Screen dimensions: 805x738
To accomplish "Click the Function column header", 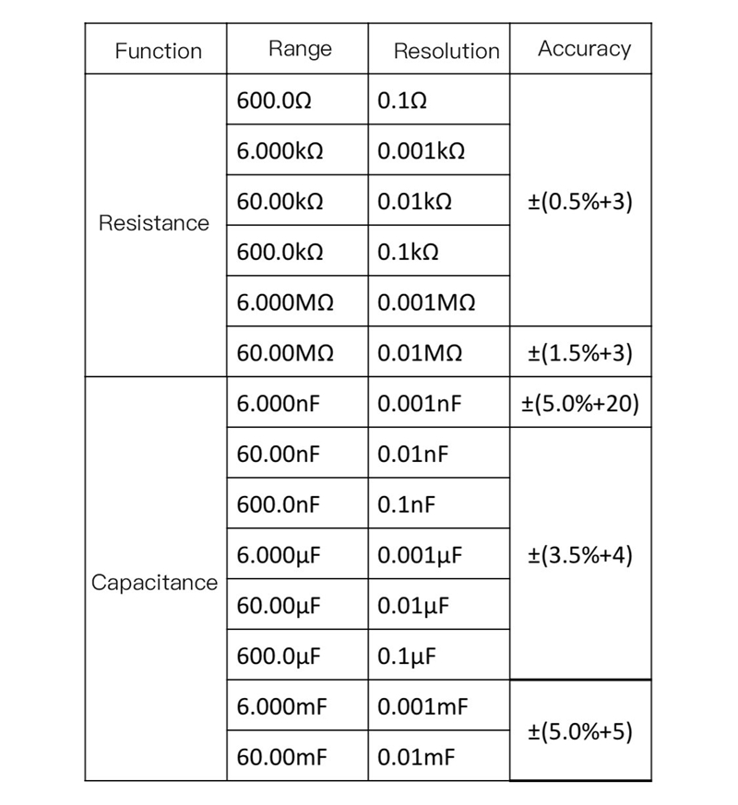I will (158, 52).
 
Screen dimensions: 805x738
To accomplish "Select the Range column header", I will (300, 49).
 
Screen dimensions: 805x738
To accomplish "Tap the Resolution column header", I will (446, 52).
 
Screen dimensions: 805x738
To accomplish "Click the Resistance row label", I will (154, 223).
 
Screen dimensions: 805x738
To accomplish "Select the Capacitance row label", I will (155, 583).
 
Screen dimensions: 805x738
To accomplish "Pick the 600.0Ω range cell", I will (274, 101).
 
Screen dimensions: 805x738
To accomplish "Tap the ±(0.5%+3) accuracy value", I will (579, 202).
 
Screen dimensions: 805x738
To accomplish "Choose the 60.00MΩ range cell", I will (285, 353).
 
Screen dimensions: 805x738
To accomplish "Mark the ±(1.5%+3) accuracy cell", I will (579, 353).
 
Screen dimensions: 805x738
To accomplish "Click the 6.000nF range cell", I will (278, 404).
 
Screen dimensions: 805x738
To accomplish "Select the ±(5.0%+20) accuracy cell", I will (580, 404).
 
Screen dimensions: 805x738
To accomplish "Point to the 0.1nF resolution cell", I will (407, 504).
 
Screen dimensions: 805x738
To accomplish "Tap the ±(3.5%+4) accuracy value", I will (579, 555).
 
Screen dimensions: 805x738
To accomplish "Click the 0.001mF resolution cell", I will (423, 707).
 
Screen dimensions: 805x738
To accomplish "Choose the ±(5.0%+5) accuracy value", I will (579, 732).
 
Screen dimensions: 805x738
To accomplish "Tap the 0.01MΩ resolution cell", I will (420, 353).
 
